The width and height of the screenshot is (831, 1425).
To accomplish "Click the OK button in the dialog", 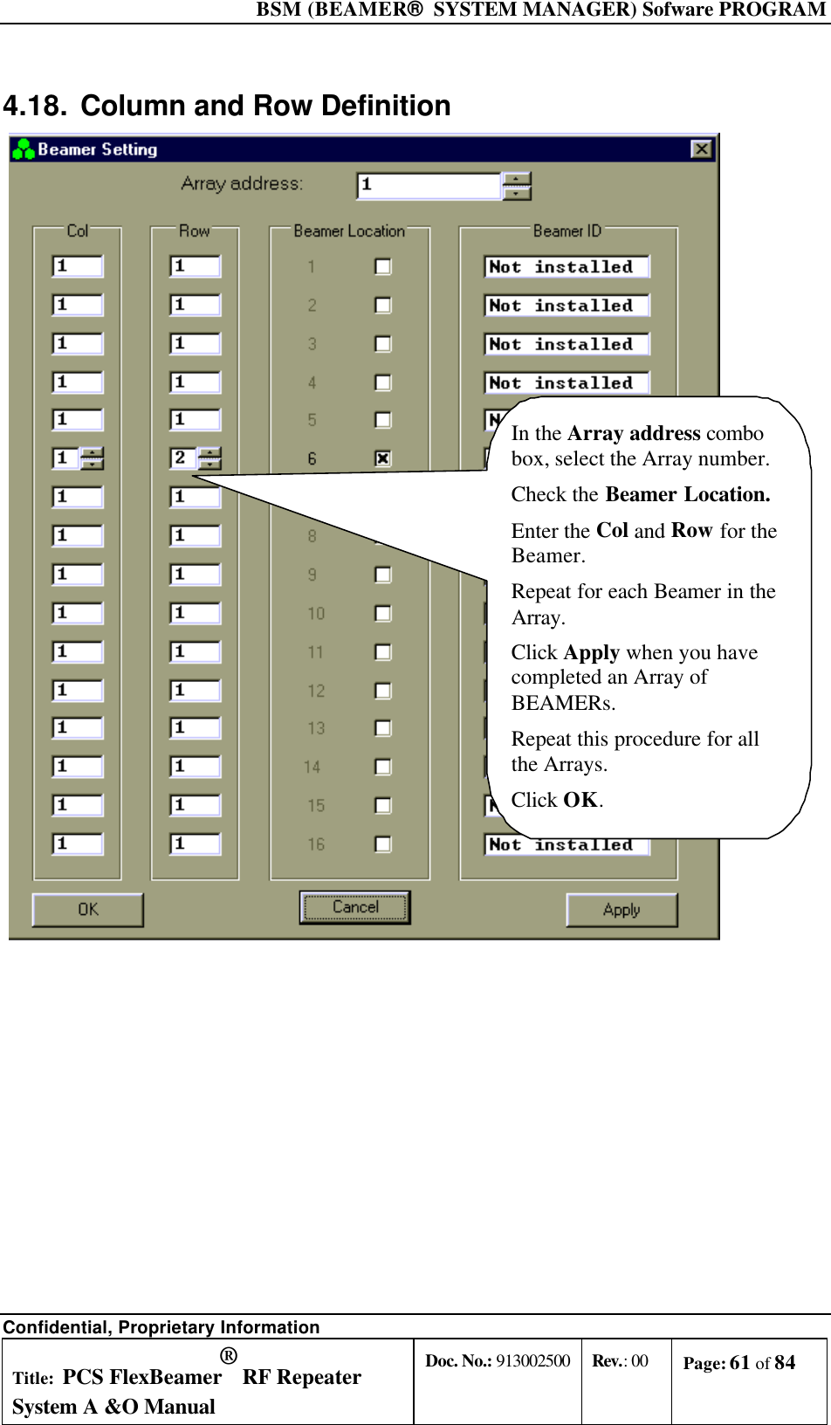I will point(88,910).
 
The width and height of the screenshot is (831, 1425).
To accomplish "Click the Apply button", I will point(622,910).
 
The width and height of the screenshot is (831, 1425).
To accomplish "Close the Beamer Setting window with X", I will point(701,149).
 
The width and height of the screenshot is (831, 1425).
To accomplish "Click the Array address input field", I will point(429,185).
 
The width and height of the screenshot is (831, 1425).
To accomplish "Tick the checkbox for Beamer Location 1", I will point(382,266).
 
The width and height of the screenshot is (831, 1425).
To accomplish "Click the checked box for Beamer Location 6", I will point(382,458).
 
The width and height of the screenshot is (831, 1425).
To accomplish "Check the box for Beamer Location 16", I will point(382,844).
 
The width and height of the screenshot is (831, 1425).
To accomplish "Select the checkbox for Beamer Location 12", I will point(382,691).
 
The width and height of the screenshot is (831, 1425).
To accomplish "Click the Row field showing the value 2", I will point(183,458).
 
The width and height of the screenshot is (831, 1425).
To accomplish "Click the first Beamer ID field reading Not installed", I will point(567,267).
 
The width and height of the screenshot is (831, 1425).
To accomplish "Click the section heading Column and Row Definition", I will point(265,107).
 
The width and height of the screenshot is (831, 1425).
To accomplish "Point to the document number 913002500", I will point(532,1361).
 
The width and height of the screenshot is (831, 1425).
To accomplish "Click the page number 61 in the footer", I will point(739,1363).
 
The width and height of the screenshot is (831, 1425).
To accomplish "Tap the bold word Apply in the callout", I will point(591,653).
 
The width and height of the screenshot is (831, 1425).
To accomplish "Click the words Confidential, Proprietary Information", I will point(161,1327).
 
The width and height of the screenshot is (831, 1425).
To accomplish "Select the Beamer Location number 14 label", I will point(312,768).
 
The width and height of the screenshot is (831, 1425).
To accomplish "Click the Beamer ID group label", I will point(567,231).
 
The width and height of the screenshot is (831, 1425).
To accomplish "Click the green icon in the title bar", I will point(24,149).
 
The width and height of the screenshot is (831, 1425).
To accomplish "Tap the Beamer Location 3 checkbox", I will point(382,344).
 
